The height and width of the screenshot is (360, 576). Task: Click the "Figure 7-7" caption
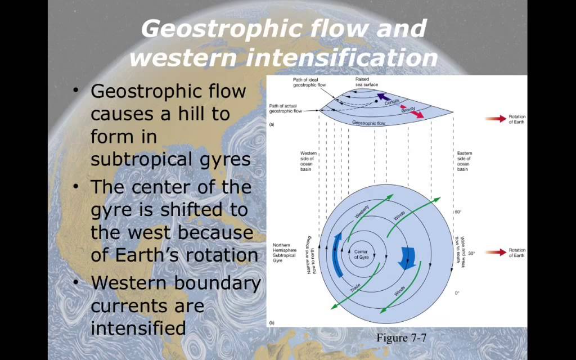tap(403, 338)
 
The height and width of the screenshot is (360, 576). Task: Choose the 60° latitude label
tap(458, 212)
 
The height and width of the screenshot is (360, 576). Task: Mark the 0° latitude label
tap(457, 293)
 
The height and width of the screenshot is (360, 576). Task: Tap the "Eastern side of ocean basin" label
tap(464, 161)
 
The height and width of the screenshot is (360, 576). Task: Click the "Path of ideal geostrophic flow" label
tap(305, 83)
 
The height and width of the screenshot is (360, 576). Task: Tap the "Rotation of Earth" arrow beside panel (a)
tap(496, 119)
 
